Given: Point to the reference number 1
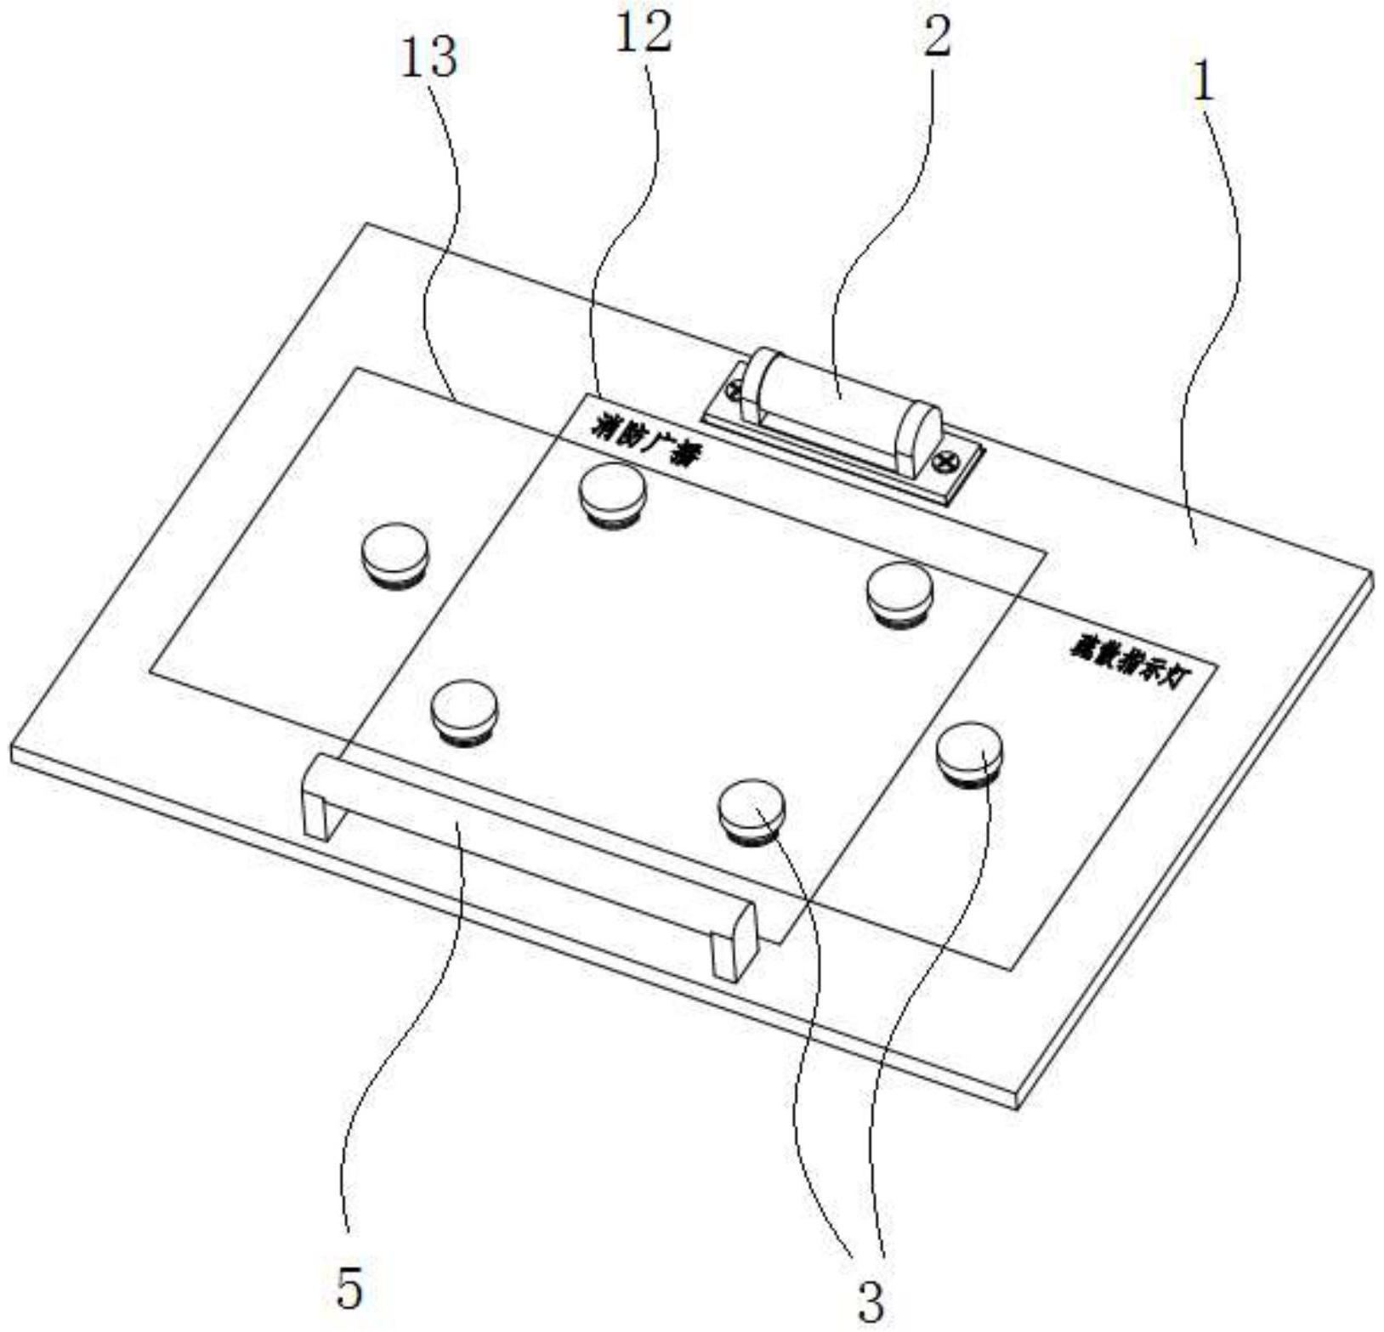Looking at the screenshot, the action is pos(1203,82).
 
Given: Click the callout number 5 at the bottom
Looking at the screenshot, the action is pos(349,1289).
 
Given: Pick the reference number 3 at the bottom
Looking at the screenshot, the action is pos(870,1301).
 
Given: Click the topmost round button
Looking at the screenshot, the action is pos(612,493).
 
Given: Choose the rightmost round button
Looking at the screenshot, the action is pos(969,751).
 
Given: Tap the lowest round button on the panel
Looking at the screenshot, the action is pos(752,809).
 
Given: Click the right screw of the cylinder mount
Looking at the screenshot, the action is pos(945,462).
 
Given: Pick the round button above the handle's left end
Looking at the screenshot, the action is pos(463,709).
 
